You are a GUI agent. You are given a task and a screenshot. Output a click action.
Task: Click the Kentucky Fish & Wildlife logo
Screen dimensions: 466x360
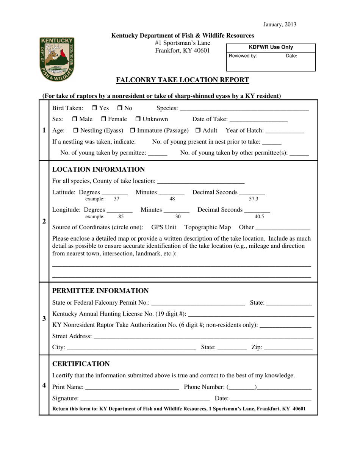point(57,59)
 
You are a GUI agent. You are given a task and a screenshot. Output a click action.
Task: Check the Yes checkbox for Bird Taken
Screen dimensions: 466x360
point(95,109)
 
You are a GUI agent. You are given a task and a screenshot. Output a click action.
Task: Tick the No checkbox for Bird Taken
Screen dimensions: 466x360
point(120,109)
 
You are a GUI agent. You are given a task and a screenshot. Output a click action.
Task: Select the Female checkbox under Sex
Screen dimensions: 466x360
point(104,120)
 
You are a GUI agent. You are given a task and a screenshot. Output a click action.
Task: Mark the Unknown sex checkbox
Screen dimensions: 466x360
point(138,120)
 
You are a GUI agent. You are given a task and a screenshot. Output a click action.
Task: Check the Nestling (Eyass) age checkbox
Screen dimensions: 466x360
point(75,131)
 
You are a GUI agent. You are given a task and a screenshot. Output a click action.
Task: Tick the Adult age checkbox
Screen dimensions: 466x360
point(198,131)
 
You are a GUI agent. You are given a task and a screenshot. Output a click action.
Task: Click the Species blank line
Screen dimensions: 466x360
point(244,109)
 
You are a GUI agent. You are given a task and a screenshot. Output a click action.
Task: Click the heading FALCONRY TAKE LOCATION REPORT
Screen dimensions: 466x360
point(182,80)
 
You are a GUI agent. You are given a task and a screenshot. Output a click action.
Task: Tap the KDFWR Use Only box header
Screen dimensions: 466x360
point(271,47)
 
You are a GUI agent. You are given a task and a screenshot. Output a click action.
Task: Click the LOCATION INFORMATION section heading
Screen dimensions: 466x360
point(98,169)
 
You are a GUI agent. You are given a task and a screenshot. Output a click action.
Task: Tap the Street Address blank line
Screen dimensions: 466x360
point(203,337)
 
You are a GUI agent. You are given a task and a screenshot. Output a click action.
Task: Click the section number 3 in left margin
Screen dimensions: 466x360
point(44,319)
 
